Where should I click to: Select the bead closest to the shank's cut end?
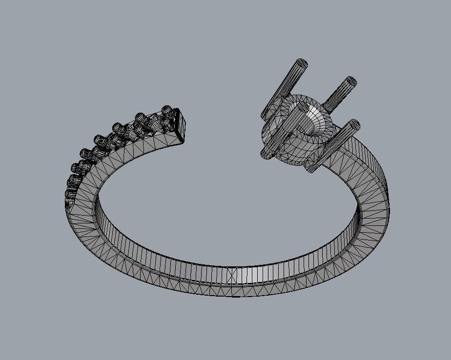click(167, 110)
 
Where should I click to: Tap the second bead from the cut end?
click(141, 118)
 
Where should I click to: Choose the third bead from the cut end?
click(118, 128)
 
